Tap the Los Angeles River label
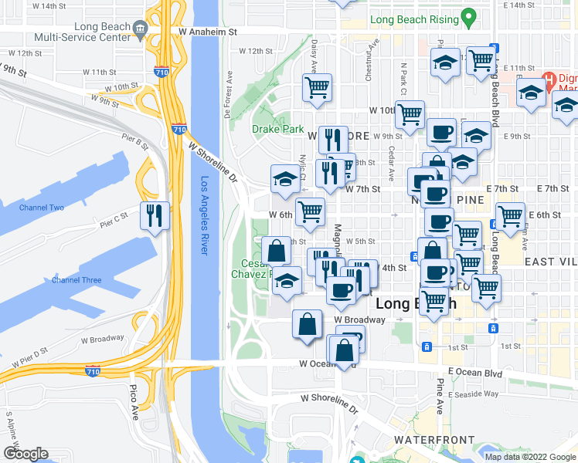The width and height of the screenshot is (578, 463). (205, 217)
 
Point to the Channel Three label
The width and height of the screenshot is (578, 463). (76, 280)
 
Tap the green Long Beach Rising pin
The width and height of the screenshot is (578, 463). (467, 16)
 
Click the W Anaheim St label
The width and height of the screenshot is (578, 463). (206, 32)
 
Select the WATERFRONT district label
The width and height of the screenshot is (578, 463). (433, 440)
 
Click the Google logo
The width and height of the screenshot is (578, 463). (25, 454)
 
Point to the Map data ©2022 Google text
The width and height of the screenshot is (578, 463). (529, 457)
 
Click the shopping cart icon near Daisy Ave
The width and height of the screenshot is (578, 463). (317, 87)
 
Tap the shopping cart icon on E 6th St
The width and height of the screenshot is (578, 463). (510, 216)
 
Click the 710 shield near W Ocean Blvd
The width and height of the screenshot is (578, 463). (93, 372)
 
